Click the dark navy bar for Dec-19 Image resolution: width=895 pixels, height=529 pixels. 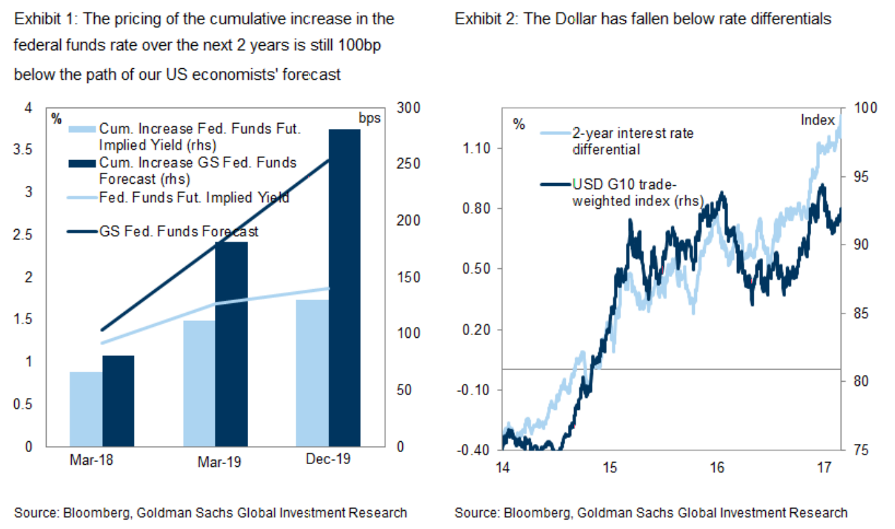(x=345, y=288)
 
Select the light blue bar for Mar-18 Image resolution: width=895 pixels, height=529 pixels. (x=86, y=409)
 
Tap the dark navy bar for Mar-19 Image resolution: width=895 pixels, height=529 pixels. (x=232, y=344)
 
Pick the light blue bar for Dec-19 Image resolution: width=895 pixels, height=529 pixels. (x=311, y=373)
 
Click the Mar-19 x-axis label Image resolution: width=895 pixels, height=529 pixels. (x=218, y=463)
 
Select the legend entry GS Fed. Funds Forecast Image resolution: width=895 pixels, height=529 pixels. (x=178, y=231)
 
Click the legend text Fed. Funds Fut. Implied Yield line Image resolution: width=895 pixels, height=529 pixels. (x=194, y=197)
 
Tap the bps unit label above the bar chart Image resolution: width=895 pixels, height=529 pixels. (x=369, y=118)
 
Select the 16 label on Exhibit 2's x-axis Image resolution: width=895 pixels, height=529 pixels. (x=717, y=467)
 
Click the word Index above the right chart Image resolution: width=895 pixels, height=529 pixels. (x=817, y=120)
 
